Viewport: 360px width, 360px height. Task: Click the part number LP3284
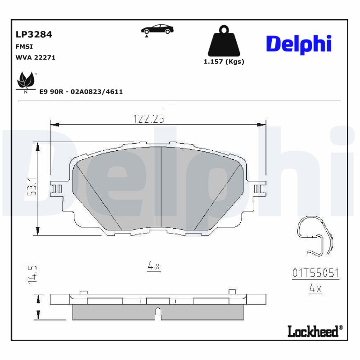pyautogui.click(x=34, y=34)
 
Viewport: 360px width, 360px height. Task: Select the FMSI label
pyautogui.click(x=24, y=46)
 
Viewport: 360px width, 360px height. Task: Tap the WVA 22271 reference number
pyautogui.click(x=36, y=58)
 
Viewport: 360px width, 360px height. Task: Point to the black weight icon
pyautogui.click(x=223, y=41)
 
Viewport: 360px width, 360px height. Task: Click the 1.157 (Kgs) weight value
pyautogui.click(x=224, y=62)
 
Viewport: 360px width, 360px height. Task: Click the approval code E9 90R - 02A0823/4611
pyautogui.click(x=81, y=91)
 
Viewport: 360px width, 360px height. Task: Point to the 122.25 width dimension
pyautogui.click(x=148, y=119)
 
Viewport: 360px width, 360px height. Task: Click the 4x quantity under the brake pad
pyautogui.click(x=154, y=266)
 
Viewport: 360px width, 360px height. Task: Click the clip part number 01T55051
pyautogui.click(x=315, y=273)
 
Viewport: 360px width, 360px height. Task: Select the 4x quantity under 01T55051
pyautogui.click(x=315, y=288)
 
